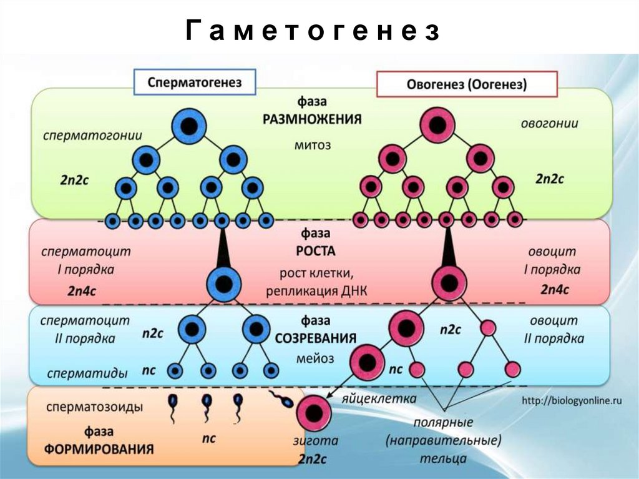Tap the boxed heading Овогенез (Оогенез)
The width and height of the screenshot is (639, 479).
[466, 84]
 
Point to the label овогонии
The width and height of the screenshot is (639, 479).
[549, 124]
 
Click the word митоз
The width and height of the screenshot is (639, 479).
[313, 145]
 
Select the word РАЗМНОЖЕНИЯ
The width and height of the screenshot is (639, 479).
[313, 119]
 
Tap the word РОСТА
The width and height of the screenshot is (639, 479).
[316, 252]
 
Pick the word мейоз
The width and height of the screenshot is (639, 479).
[316, 359]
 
